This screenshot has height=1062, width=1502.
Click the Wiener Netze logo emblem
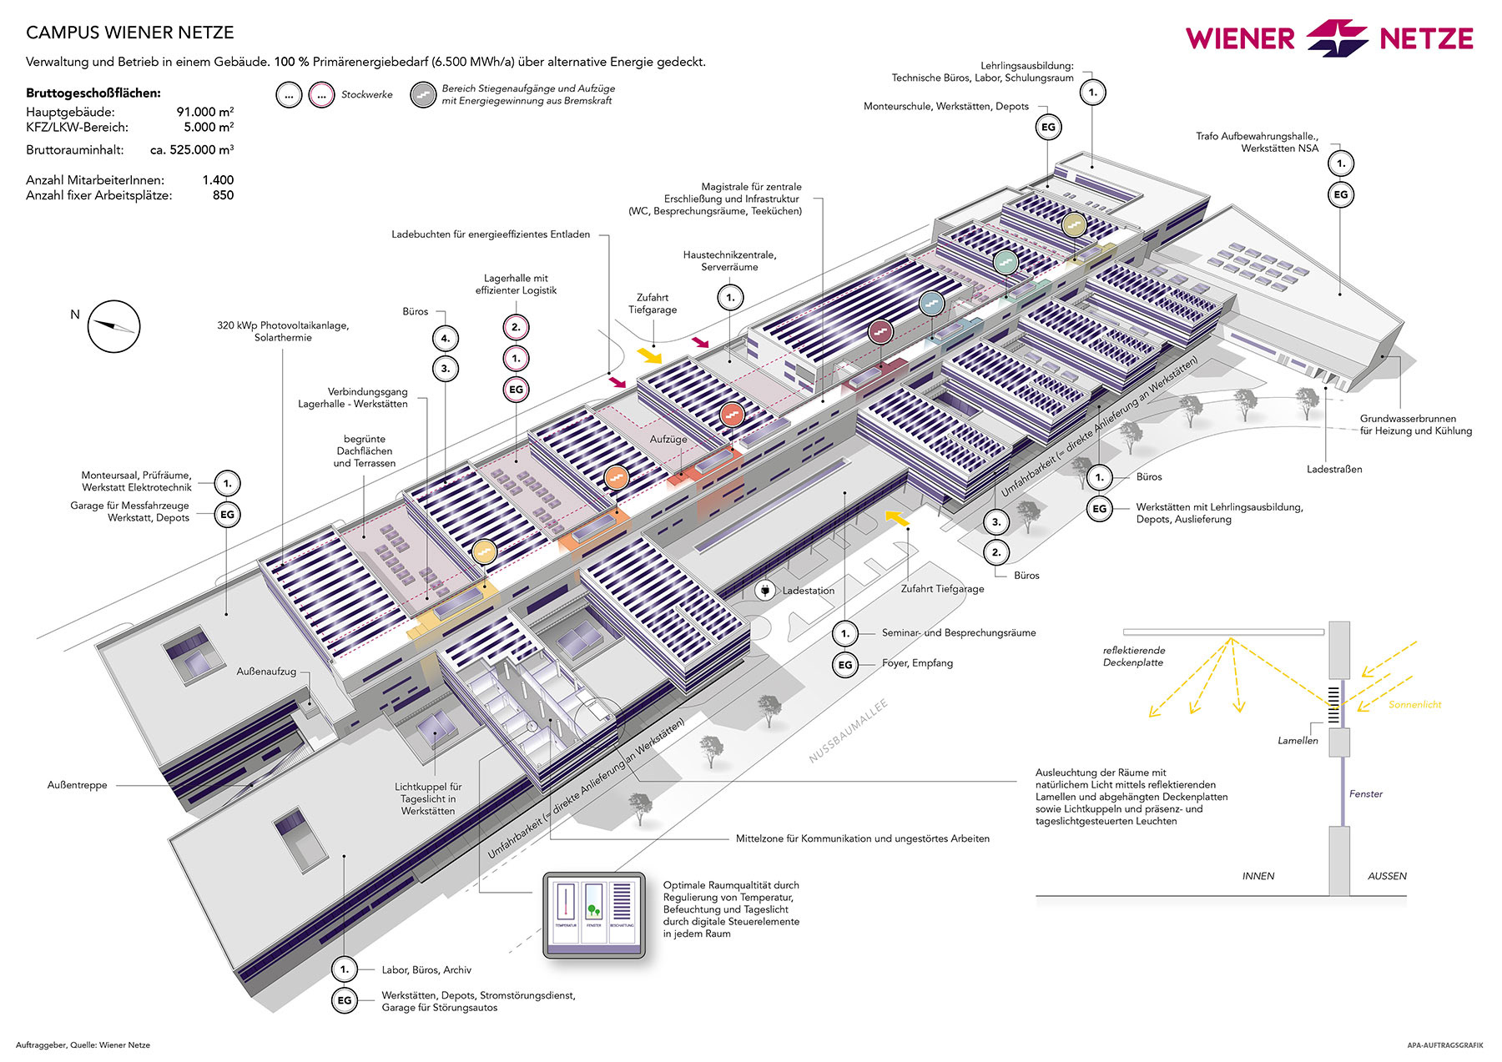pos(1337,38)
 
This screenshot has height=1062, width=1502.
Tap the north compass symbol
pos(113,326)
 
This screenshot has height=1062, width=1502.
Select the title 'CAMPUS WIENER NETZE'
pos(130,33)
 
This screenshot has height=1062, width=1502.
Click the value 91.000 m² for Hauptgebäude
pos(204,112)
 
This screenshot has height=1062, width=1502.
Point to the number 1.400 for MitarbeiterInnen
pos(218,179)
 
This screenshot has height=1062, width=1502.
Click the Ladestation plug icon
pos(764,591)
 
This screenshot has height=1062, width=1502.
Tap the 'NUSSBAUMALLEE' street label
pos(848,731)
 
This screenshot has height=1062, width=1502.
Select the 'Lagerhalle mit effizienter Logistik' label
pos(516,284)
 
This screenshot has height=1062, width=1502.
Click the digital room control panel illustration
pos(593,915)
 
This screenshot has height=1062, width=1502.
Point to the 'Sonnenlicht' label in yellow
pos(1414,705)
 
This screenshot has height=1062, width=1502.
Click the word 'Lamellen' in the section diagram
pos(1298,741)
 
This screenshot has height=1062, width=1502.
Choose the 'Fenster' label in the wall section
pos(1365,794)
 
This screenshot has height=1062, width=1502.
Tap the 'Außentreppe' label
pos(78,785)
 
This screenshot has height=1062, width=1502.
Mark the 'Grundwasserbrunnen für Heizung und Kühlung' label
pos(1415,425)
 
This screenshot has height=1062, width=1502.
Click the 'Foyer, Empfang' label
pos(917,663)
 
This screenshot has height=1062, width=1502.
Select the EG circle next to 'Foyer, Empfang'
pos(845,665)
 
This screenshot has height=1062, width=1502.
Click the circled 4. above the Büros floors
pos(446,339)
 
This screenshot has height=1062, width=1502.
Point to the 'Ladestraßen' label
pos(1334,470)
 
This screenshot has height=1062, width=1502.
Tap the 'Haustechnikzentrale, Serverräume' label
pos(729,261)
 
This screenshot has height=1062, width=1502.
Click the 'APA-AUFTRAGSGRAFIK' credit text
pos(1444,1044)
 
